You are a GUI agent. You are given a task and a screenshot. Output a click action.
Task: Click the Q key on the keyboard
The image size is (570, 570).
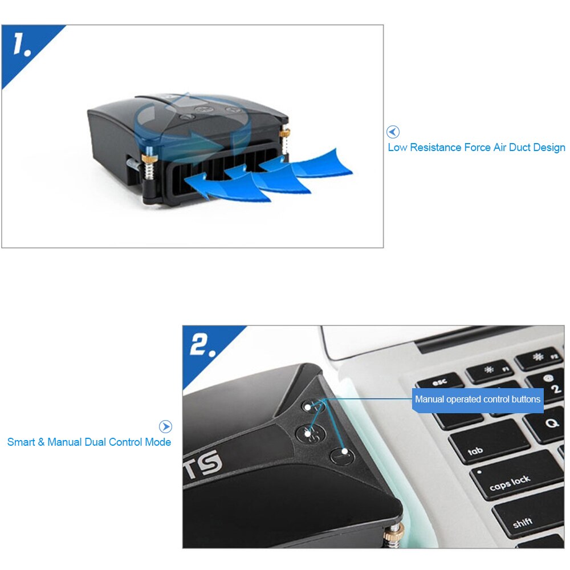(x=549, y=424)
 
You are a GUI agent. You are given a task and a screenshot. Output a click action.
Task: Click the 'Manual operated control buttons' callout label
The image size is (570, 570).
(x=477, y=400)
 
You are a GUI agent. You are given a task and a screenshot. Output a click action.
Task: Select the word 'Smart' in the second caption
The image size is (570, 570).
(x=21, y=442)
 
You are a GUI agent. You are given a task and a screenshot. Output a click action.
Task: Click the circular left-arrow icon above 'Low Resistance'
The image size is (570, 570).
(x=393, y=132)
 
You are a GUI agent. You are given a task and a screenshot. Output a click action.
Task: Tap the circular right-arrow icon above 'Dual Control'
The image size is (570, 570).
(x=165, y=426)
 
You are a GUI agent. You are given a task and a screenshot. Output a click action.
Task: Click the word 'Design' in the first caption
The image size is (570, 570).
(x=549, y=148)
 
